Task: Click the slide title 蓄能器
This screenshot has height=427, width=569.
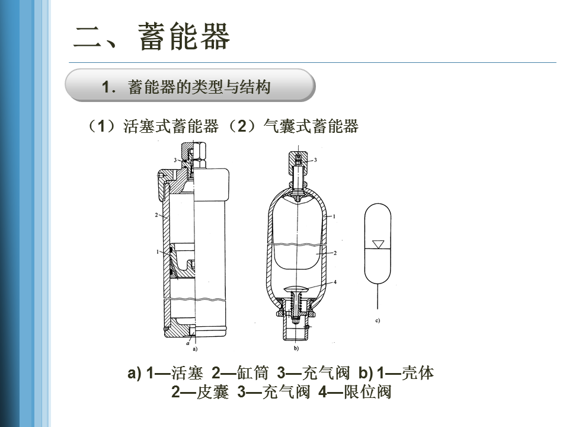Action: point(184,36)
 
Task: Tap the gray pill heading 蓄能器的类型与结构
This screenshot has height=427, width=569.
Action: point(190,85)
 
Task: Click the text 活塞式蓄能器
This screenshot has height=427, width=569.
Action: point(171,126)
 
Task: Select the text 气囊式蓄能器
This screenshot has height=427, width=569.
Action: point(311,126)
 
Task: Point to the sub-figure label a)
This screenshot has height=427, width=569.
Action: point(195,349)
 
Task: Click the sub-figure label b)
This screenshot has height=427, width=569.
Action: point(296,348)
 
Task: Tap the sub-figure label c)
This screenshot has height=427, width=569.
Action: point(378,320)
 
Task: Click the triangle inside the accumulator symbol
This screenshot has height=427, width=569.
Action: point(378,244)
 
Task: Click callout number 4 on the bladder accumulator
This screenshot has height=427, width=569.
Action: point(335,282)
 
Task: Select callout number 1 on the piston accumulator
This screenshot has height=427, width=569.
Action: point(157,251)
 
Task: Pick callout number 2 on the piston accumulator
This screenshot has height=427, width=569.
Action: point(156,215)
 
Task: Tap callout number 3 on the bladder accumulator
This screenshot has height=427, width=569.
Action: point(315,160)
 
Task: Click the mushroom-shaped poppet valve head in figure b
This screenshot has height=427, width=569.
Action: point(297,289)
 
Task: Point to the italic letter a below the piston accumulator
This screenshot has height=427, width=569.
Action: point(188,343)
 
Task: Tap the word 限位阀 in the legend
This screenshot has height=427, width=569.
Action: point(367,392)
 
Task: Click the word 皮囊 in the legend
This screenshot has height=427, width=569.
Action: point(213,392)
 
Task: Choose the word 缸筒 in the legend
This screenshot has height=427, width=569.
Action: point(252,373)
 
